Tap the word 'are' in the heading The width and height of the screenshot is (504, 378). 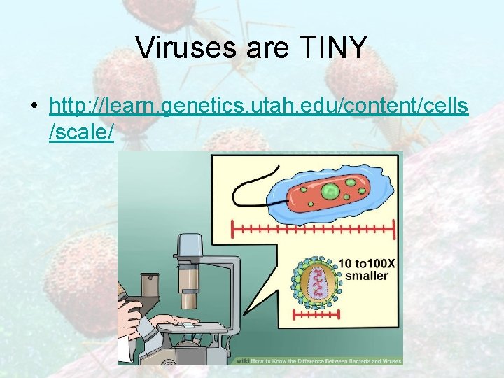265,48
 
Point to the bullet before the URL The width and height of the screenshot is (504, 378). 34,106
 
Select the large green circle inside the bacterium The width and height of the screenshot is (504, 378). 331,190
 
